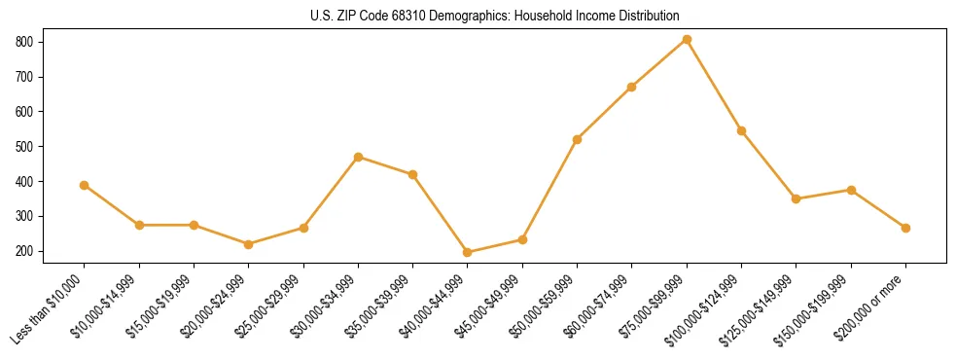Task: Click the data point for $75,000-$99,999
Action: pos(687,39)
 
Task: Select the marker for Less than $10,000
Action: pos(85,185)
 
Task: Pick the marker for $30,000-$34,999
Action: pos(358,157)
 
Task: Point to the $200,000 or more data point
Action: pos(905,228)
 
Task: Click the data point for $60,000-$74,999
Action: pos(632,87)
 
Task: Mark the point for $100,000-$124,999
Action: pos(741,130)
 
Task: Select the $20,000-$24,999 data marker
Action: pos(249,244)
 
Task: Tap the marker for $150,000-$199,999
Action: pos(851,190)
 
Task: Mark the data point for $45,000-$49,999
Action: pos(522,239)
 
